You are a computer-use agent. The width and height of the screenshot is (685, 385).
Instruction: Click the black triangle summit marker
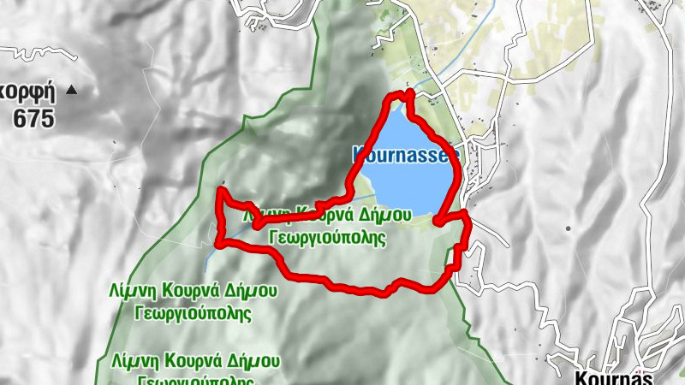pos(71,89)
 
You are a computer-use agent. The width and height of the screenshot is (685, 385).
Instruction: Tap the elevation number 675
pos(33,118)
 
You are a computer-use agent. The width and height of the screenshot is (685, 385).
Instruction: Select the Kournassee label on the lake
pos(406,155)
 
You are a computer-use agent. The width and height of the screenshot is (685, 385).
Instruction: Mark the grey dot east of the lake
pos(567,228)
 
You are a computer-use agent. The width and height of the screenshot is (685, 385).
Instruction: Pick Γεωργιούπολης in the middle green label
pos(194,313)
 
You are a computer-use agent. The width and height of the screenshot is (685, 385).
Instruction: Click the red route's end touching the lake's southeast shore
pos(438,222)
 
